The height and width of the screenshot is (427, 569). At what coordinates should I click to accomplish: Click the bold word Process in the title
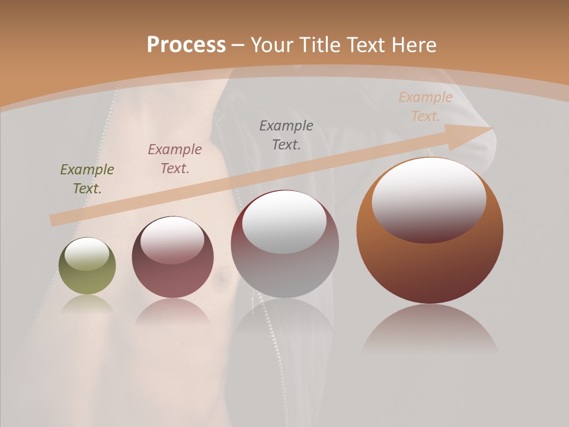tap(186, 45)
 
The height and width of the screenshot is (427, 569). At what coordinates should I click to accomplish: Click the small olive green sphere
tap(87, 266)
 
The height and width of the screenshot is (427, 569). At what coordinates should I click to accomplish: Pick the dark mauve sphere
tap(172, 257)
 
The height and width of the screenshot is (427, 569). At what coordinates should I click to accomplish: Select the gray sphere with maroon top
tap(284, 244)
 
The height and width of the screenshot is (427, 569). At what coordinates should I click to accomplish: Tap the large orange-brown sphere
tap(430, 231)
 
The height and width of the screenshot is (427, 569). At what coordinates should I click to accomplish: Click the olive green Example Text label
tap(87, 179)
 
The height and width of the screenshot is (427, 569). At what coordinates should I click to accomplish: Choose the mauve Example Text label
tap(175, 159)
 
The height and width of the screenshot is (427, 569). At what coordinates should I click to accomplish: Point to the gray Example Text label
tap(286, 135)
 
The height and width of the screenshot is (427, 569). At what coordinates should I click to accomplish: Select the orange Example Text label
tap(426, 107)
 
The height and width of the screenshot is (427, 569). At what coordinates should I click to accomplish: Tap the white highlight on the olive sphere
tap(87, 254)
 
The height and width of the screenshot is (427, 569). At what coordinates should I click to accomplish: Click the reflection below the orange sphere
tap(430, 329)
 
